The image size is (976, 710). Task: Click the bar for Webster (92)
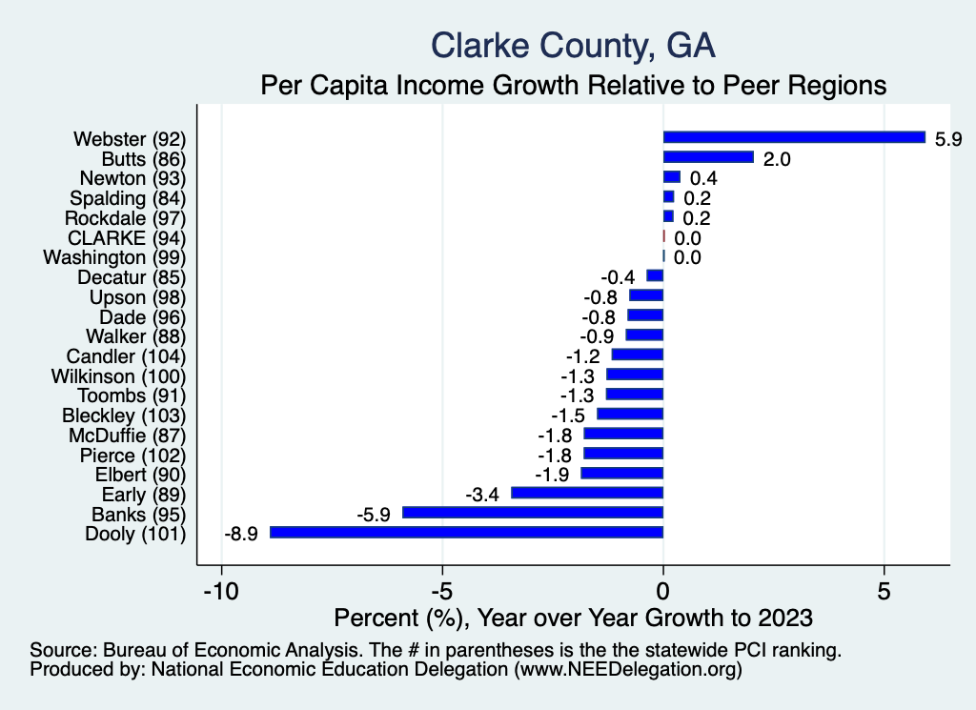click(x=794, y=137)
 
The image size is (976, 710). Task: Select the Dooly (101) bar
click(x=466, y=533)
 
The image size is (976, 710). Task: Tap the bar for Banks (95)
click(x=533, y=513)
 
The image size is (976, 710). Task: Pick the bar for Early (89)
click(x=587, y=493)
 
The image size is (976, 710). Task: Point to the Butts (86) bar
click(x=708, y=157)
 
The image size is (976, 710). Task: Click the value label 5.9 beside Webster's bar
click(x=948, y=138)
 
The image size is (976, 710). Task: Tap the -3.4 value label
click(x=483, y=494)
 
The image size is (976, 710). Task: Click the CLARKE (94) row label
click(x=127, y=236)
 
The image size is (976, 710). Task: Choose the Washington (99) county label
click(x=115, y=256)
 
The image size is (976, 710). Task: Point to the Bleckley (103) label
click(x=124, y=415)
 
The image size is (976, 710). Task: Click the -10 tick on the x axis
click(x=221, y=590)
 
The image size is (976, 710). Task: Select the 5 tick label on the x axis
click(x=884, y=590)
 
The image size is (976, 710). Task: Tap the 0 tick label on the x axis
click(x=663, y=590)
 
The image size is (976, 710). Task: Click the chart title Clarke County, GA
click(x=573, y=45)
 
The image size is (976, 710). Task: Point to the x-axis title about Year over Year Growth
click(x=573, y=618)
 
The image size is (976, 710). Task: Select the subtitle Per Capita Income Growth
click(x=574, y=85)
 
